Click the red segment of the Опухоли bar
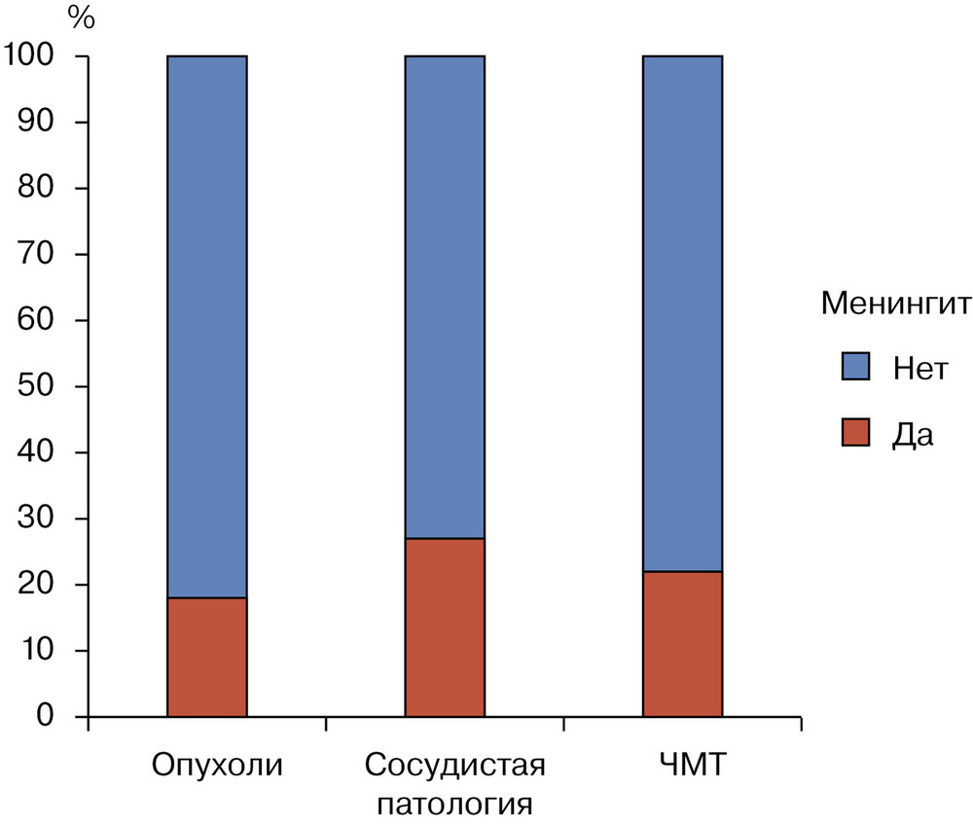click(206, 657)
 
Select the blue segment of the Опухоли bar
click(206, 326)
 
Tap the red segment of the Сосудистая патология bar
click(445, 628)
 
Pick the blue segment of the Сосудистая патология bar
click(445, 297)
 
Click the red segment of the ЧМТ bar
click(682, 644)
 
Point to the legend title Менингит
click(895, 304)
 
